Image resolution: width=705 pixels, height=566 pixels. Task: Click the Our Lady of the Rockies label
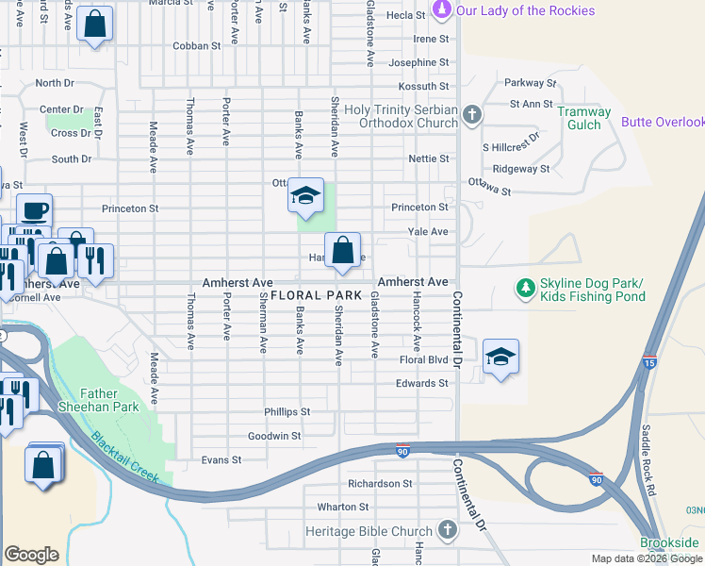(524, 10)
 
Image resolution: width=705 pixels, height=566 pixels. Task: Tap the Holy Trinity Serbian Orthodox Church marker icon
(472, 116)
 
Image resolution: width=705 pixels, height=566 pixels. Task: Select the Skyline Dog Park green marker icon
(524, 287)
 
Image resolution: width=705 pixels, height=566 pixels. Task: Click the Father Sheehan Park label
(111, 400)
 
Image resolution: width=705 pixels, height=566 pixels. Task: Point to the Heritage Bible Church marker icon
(447, 531)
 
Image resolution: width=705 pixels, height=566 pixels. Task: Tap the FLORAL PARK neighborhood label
(317, 295)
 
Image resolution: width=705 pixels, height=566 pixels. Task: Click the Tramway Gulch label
(584, 118)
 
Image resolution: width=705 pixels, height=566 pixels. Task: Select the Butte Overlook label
(663, 122)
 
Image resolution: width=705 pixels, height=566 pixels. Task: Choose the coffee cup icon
(35, 210)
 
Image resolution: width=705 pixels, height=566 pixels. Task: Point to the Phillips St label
(287, 412)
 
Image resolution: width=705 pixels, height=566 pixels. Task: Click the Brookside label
(670, 542)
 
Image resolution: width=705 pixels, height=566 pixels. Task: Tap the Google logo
(31, 555)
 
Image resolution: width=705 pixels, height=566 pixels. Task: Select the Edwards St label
(421, 383)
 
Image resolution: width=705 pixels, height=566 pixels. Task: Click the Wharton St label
(341, 507)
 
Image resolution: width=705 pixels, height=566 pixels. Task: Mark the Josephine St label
(418, 62)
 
